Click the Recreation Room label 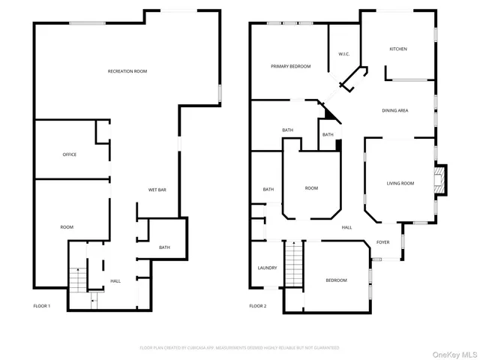127,70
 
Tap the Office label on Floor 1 69,154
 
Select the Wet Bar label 157,190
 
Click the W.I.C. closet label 344,54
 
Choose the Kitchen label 397,49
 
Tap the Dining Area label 394,111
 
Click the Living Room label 400,183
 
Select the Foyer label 382,242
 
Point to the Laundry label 267,268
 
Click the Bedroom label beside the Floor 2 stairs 336,280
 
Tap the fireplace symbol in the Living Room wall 441,180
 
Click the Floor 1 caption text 42,306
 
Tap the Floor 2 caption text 257,306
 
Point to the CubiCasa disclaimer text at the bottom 240,348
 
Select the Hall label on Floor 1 115,280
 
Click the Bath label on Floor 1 164,247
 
